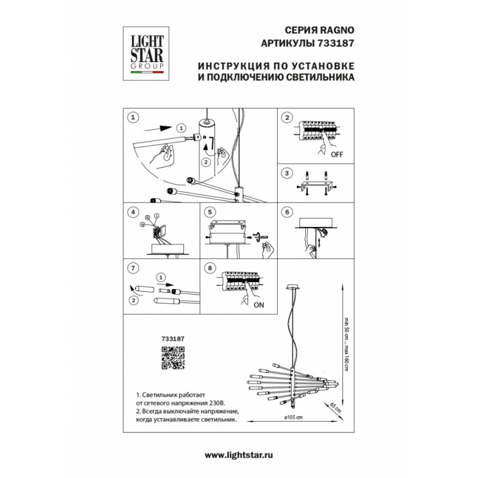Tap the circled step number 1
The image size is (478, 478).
(x=134, y=117)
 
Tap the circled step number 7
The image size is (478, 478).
(x=134, y=268)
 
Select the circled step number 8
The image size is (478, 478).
(x=210, y=268)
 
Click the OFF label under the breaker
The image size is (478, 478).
(x=337, y=154)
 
